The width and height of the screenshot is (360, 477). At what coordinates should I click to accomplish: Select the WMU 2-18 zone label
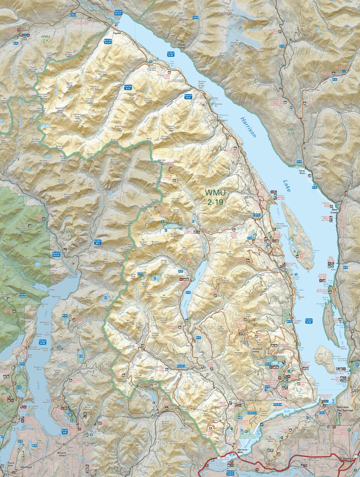pyautogui.click(x=291, y=131)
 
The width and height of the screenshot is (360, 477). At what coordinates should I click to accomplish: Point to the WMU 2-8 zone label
pyautogui.click(x=70, y=234)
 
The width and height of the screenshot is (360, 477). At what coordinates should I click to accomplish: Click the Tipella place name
pyautogui.click(x=117, y=34)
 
